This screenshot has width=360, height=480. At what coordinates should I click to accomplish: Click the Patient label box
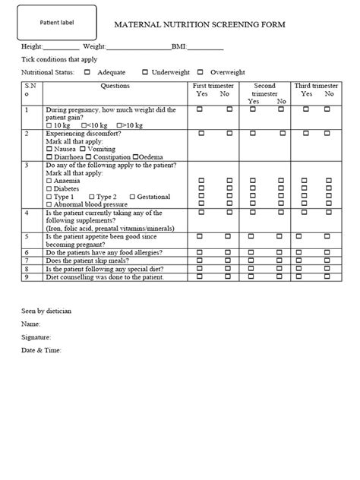point(57,23)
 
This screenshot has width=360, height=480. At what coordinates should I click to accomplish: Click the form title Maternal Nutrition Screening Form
point(200,24)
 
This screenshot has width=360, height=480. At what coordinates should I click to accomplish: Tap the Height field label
point(32,47)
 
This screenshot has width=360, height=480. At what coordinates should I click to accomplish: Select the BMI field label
point(179,47)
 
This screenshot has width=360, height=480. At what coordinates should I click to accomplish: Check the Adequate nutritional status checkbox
point(87,71)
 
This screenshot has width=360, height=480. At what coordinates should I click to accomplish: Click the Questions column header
point(115,86)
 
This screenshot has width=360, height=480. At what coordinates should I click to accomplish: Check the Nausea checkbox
point(49,150)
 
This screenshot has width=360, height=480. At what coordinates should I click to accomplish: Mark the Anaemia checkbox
point(49,181)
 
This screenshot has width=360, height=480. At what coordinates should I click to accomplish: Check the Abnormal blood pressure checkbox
point(49,204)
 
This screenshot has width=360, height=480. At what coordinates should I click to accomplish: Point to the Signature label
point(36,336)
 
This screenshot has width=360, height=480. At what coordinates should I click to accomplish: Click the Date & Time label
point(40,349)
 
